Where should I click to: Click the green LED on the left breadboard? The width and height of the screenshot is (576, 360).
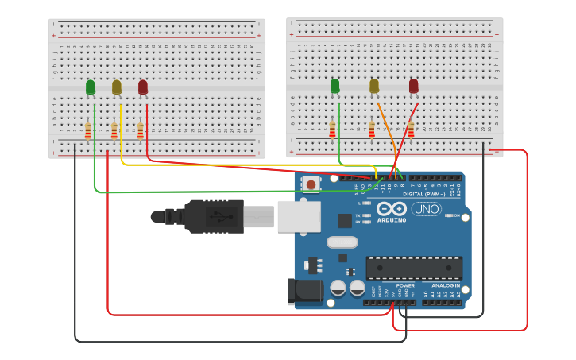91,87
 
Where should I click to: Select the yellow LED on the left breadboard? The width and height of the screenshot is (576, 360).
117,87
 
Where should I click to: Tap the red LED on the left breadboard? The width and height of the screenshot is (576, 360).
143,87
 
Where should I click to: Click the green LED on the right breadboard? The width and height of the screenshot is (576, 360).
334,86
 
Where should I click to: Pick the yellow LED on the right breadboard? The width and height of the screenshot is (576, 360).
374,86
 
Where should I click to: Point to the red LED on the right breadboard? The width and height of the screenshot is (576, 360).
413,86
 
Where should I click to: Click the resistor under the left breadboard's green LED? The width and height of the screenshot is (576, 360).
88,130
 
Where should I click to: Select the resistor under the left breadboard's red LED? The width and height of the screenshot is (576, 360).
141,130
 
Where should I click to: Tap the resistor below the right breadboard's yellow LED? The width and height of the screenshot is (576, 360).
371,129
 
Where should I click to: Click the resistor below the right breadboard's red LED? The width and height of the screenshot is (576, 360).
411,129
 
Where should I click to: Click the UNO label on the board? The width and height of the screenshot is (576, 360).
426,209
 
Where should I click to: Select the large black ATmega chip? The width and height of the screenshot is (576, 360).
413,268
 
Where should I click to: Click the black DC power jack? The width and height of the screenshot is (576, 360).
305,292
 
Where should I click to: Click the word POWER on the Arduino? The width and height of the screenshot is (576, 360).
405,285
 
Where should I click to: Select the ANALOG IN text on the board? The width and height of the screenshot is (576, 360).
445,285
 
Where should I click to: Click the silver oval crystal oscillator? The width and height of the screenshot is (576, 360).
342,242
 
